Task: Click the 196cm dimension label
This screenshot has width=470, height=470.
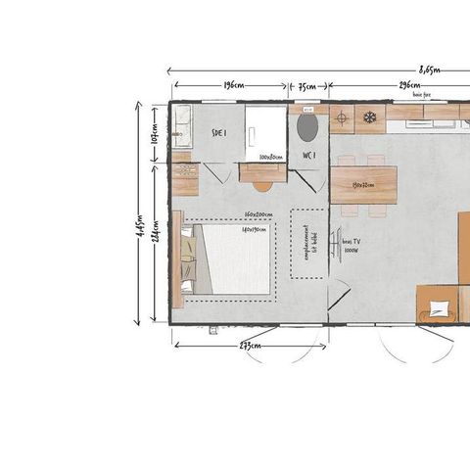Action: (233, 86)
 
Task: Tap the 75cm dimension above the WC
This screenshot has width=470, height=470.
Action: (307, 86)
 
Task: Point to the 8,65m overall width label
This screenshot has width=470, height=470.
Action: (429, 70)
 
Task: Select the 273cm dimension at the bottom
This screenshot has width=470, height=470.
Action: (250, 345)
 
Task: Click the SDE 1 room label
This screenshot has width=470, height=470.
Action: (219, 135)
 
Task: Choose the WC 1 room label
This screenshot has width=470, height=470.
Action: (307, 156)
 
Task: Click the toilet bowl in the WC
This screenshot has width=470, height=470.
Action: (307, 127)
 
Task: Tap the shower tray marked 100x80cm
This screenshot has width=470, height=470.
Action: (264, 131)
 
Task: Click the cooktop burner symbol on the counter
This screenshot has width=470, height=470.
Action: (342, 118)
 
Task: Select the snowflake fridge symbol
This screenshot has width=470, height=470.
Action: (370, 118)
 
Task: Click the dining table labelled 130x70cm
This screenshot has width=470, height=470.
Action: (363, 184)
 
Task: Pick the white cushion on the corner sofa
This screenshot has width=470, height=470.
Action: (439, 308)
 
